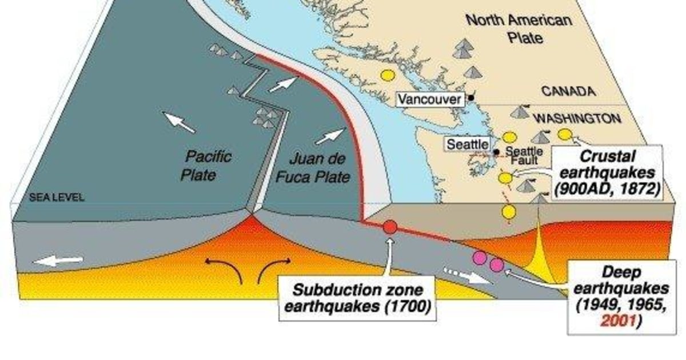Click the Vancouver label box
coord(429,99)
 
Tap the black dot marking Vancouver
coord(470,98)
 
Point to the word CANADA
coord(568,91)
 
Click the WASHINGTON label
coord(577,119)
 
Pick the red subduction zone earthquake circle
coord(390,227)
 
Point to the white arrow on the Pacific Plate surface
coord(180,122)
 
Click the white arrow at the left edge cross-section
coord(57,261)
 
